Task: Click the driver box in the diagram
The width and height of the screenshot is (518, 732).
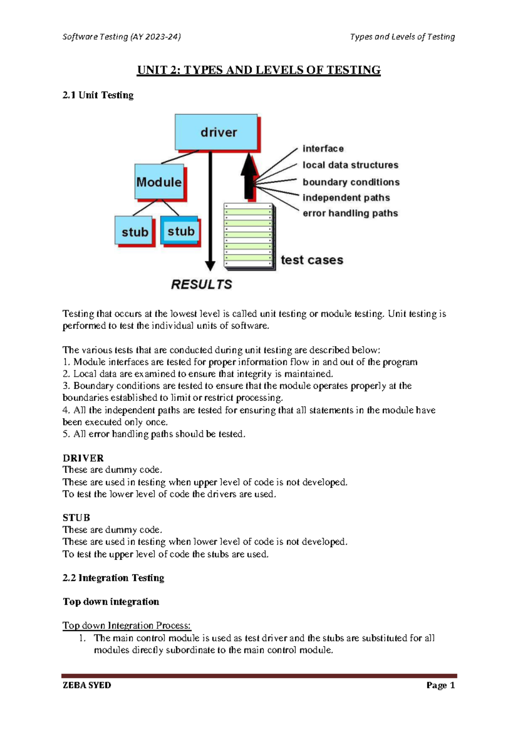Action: click(x=216, y=132)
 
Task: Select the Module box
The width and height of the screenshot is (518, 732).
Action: click(x=159, y=182)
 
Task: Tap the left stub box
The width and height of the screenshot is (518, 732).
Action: click(x=134, y=232)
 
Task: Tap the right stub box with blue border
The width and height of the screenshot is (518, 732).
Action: click(x=180, y=231)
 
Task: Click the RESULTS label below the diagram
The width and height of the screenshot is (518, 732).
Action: click(x=202, y=284)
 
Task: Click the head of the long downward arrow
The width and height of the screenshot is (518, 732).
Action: click(x=210, y=265)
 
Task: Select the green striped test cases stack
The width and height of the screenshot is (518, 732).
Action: click(x=249, y=236)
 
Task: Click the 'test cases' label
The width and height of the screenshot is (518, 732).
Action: click(x=312, y=260)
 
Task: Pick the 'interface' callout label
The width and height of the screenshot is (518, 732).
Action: click(x=323, y=148)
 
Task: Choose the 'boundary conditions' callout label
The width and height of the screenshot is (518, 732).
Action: click(x=351, y=182)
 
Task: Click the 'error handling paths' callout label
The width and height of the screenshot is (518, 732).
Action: click(x=350, y=213)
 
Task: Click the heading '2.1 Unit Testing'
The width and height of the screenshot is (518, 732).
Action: click(x=98, y=95)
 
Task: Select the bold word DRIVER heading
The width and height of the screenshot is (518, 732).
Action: click(x=83, y=458)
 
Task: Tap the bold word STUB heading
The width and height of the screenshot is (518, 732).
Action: click(x=76, y=517)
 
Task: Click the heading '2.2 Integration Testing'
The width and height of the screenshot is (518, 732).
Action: click(x=114, y=578)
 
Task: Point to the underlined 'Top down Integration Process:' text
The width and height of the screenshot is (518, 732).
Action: click(x=126, y=625)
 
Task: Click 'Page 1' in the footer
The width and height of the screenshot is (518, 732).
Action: click(x=440, y=685)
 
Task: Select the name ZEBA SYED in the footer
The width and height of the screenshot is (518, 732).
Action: click(x=87, y=685)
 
